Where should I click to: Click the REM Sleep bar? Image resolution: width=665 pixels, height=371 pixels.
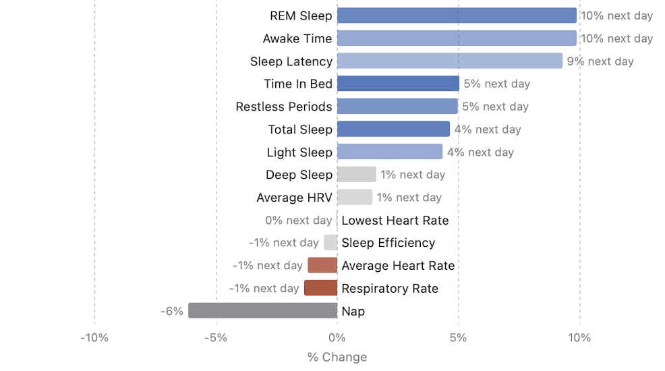pyautogui.click(x=457, y=16)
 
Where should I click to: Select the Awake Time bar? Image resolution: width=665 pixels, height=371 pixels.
pyautogui.click(x=457, y=38)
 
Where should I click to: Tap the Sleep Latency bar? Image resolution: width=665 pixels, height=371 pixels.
pyautogui.click(x=449, y=61)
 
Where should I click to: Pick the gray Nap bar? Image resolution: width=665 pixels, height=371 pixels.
pyautogui.click(x=262, y=311)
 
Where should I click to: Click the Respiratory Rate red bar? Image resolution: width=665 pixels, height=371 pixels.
pyautogui.click(x=320, y=288)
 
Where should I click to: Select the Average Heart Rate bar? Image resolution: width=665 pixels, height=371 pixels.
pyautogui.click(x=322, y=265)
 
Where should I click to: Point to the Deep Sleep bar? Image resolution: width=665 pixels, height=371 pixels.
pyautogui.click(x=356, y=175)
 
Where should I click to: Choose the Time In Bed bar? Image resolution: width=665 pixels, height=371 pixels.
pyautogui.click(x=398, y=84)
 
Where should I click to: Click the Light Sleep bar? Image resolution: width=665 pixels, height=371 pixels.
pyautogui.click(x=389, y=152)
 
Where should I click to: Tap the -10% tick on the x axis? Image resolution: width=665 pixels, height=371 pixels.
pyautogui.click(x=94, y=337)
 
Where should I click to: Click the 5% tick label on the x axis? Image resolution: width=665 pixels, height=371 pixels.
pyautogui.click(x=458, y=337)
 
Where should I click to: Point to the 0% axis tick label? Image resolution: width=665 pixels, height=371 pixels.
pyautogui.click(x=337, y=337)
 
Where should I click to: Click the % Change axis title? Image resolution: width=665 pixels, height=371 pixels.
pyautogui.click(x=337, y=358)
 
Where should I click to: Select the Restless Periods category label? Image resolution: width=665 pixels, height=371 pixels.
pyautogui.click(x=284, y=107)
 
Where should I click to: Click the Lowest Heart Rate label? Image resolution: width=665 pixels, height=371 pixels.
pyautogui.click(x=395, y=220)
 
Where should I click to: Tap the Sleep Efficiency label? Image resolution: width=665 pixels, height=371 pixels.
pyautogui.click(x=388, y=243)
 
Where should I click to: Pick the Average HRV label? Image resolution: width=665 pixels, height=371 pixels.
pyautogui.click(x=294, y=198)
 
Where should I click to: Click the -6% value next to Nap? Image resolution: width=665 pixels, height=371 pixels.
pyautogui.click(x=172, y=311)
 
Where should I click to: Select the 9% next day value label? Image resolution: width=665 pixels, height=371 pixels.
pyautogui.click(x=600, y=61)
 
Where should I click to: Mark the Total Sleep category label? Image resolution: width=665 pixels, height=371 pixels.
pyautogui.click(x=300, y=130)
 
